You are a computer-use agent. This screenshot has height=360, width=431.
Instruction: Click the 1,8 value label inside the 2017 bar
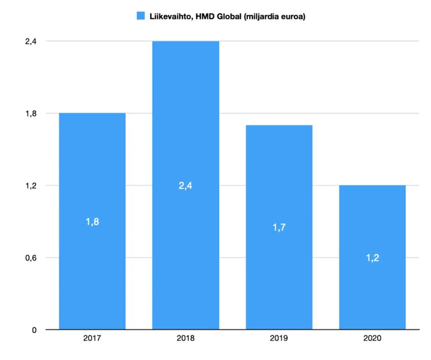pos(92,222)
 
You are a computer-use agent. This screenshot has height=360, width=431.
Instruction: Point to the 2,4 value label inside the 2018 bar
pos(186,186)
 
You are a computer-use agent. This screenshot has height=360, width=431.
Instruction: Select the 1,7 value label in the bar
pos(279,228)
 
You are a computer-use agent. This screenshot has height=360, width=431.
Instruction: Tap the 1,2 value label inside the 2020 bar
pos(372,258)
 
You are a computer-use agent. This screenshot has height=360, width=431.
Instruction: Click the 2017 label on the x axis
pos(92,339)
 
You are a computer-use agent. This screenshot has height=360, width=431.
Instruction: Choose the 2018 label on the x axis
pos(186,339)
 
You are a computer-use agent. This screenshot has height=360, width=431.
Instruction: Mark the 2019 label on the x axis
pos(279,339)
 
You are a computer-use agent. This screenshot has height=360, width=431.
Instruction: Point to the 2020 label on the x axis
pos(372,339)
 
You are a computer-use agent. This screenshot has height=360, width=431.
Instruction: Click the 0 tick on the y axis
pos(34,330)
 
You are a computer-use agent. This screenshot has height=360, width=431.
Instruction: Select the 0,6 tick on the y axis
pos(31,258)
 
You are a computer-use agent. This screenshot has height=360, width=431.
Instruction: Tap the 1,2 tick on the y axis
pos(31,186)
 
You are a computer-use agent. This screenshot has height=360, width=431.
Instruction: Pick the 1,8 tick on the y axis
pos(31,113)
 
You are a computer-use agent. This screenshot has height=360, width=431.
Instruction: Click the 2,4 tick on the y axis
pos(31,41)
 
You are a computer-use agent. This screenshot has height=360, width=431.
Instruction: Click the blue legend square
pos(141,16)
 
